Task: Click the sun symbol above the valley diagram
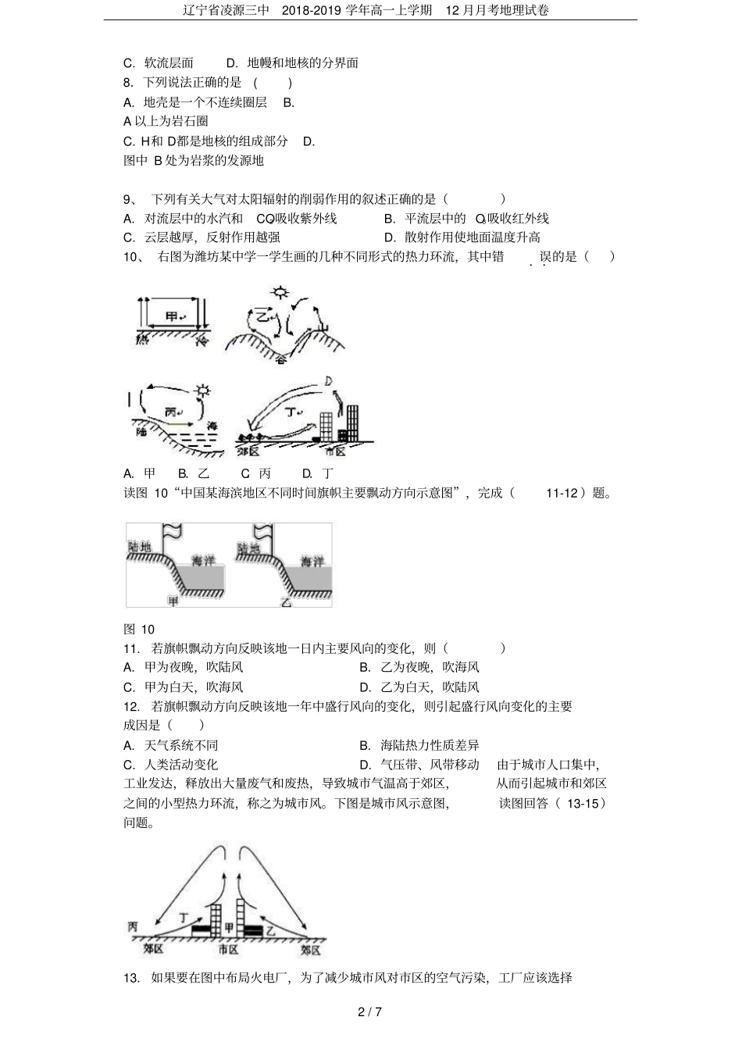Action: pos(279,294)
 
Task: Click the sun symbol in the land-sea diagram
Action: pos(205,390)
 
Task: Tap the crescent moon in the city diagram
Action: pos(329,381)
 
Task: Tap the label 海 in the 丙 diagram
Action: pos(213,426)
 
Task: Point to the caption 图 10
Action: pos(139,630)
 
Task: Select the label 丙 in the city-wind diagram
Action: pos(133,926)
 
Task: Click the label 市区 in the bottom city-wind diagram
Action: pos(228,950)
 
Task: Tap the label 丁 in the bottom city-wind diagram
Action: pos(184,917)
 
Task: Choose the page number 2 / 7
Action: pos(369,1013)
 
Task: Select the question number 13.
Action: pos(131,978)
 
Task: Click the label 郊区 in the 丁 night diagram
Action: pos(249,452)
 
